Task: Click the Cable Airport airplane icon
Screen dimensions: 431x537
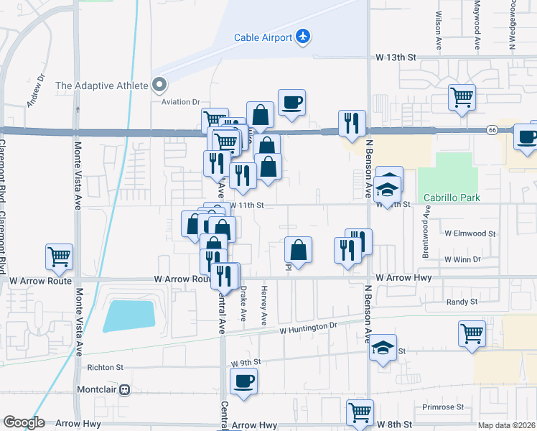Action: click(302, 37)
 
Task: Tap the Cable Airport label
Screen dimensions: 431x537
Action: click(263, 37)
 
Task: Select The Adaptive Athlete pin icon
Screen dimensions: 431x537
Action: click(159, 85)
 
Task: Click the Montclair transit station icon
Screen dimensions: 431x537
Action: click(124, 389)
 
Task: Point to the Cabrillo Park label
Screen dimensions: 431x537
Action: click(450, 197)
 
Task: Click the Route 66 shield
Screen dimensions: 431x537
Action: click(492, 130)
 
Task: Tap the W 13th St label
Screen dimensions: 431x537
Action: click(396, 57)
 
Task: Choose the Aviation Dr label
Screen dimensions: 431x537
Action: click(180, 103)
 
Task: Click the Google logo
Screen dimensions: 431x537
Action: click(24, 422)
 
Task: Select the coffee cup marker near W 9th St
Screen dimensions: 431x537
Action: click(243, 381)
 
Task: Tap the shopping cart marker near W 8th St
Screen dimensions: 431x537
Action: click(360, 412)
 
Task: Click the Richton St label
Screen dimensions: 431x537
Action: click(106, 366)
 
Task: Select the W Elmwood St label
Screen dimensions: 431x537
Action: click(470, 233)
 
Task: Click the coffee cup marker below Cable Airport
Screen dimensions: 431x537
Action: click(291, 103)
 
